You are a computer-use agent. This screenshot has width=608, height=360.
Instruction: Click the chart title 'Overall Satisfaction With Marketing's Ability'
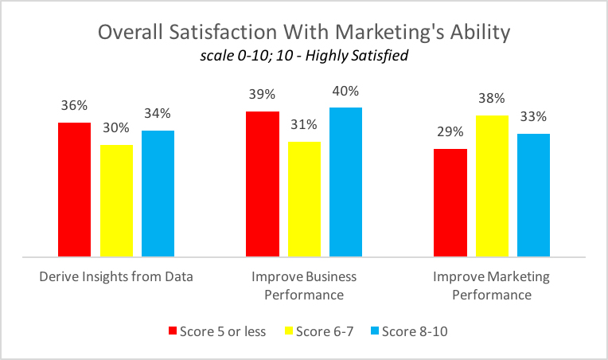tap(303, 33)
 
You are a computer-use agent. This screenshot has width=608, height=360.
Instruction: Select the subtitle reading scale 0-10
tap(303, 58)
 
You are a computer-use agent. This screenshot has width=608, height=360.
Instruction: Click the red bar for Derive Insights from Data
tap(75, 190)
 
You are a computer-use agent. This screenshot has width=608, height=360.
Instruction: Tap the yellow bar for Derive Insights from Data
tap(116, 201)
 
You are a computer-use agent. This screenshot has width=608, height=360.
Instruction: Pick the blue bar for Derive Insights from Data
tap(158, 194)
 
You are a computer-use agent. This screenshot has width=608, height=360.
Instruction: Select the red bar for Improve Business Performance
tap(263, 184)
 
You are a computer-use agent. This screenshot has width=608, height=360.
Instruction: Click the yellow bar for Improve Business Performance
tap(304, 199)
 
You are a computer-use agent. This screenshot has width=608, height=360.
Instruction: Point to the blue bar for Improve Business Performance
tap(345, 182)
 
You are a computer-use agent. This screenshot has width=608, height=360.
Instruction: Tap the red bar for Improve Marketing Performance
tap(450, 203)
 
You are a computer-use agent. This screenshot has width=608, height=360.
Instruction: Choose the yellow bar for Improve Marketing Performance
tap(492, 186)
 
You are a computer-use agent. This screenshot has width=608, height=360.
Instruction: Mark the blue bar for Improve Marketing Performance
tap(533, 195)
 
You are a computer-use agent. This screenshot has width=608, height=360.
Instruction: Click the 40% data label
tap(345, 91)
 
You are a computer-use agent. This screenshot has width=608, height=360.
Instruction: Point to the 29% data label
tap(450, 132)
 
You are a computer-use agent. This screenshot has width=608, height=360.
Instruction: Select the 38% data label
tap(492, 99)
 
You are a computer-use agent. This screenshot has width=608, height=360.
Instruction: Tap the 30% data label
tap(116, 128)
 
